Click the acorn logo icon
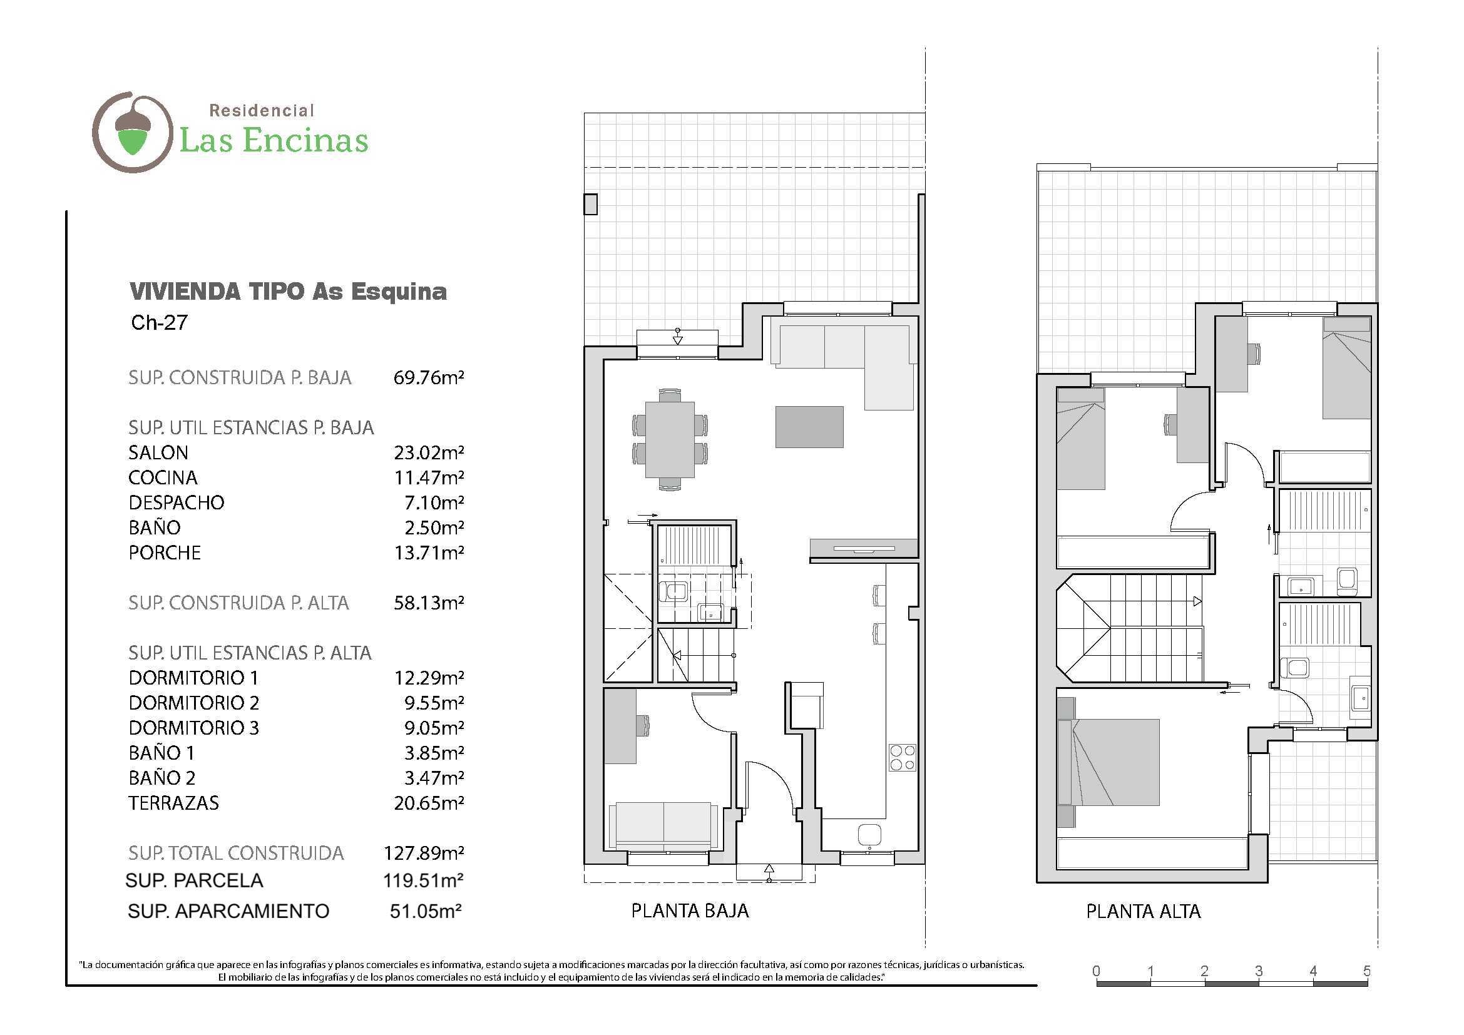coord(133,132)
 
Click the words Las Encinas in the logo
coord(274,141)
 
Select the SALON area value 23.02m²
coord(429,452)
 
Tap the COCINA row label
coord(163,477)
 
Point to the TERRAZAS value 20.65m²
coord(429,802)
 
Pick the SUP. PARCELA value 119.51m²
coord(422,880)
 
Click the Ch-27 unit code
coord(159,322)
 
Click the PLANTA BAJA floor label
coord(690,910)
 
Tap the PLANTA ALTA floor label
coord(1144,911)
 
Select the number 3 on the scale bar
coord(1259,971)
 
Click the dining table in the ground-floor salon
coord(670,439)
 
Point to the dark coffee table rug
coord(809,427)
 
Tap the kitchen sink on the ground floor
coord(870,835)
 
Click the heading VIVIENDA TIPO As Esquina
coord(288,291)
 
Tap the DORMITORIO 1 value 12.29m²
coord(429,678)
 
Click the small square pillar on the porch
coord(590,205)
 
